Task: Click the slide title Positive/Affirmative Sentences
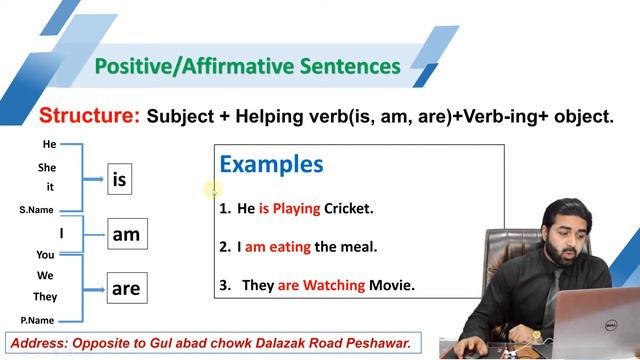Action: point(246,67)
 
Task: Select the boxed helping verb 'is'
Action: point(120,180)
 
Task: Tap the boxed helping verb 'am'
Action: point(126,235)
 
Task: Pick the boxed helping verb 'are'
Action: point(126,289)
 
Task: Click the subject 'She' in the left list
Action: point(47,168)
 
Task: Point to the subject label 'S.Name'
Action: point(37,210)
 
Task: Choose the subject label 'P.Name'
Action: point(37,320)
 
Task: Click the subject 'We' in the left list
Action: point(46,275)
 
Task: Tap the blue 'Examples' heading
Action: point(271,164)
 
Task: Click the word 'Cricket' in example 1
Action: point(348,209)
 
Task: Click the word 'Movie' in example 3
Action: point(392,285)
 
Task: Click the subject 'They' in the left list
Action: point(45,297)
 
